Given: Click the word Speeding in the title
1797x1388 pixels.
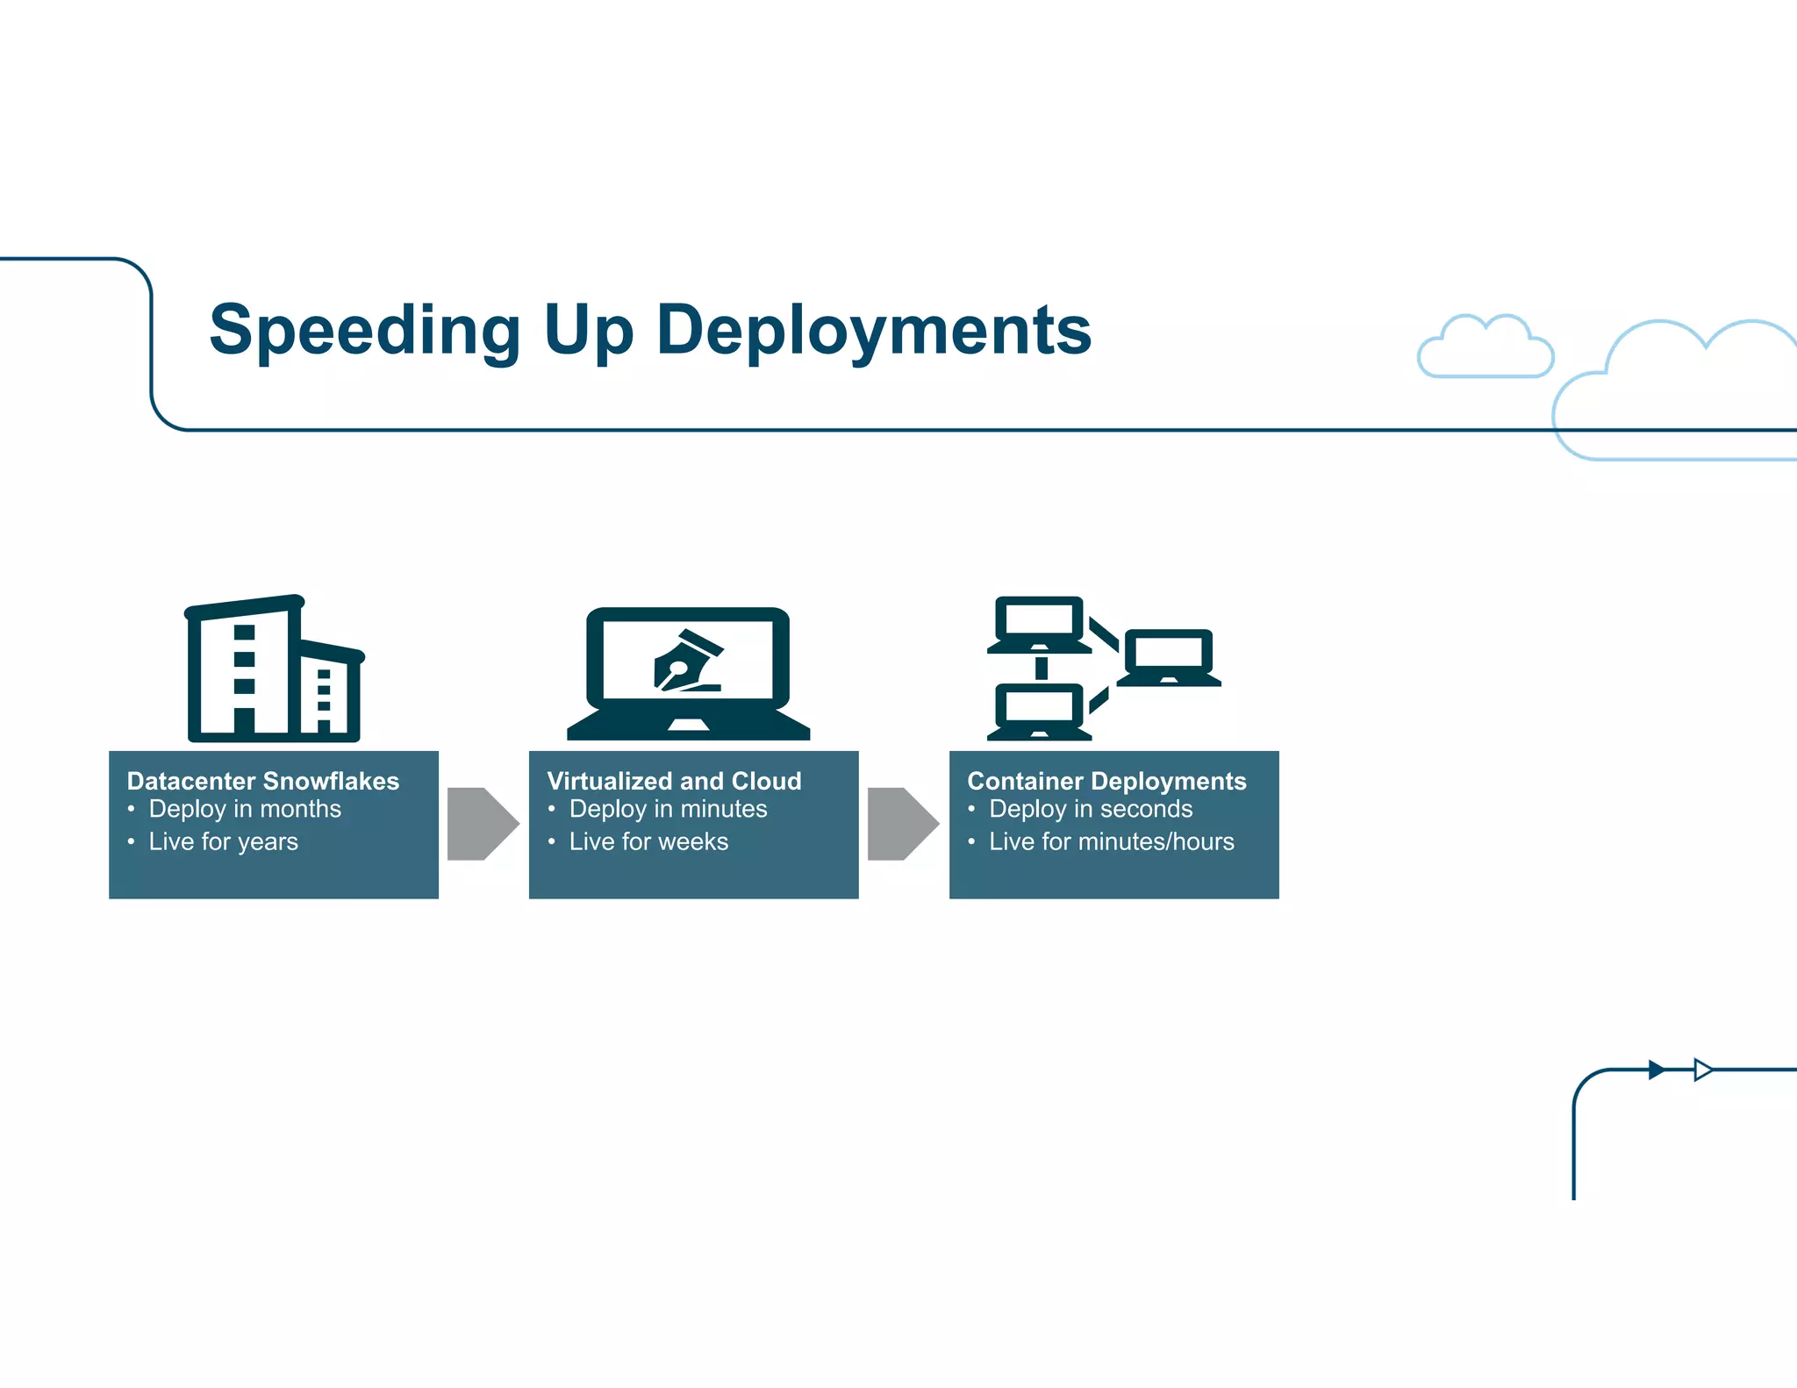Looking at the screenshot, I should pos(365,331).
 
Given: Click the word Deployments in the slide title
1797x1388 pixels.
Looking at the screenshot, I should pos(874,331).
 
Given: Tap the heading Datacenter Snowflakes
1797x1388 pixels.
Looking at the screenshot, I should pos(262,781).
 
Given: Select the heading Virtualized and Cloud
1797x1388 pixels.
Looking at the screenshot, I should pos(674,781).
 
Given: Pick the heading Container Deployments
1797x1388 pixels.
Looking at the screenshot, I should pos(1106,781).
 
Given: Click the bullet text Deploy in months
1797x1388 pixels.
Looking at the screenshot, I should pos(245,809).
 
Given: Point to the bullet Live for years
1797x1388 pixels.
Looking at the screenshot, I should pos(223,841).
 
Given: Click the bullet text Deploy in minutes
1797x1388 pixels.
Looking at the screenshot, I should pos(668,809).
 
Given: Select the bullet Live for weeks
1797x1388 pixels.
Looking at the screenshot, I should pos(648,841).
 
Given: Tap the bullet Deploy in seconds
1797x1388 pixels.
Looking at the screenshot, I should pos(1091,809).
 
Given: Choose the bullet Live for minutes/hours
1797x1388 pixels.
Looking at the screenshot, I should pos(1112,841).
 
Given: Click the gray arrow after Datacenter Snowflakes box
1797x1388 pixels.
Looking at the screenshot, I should pos(482,824).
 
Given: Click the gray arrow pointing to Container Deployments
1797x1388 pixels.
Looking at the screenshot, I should pos(902,824).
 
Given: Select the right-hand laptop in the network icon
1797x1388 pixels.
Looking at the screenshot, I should pos(1169,657).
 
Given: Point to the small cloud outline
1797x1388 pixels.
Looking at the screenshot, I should pos(1486,347).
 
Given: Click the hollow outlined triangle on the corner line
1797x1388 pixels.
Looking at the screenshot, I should pos(1702,1070).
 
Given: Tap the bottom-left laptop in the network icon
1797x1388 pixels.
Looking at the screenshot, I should pos(1039,712).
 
